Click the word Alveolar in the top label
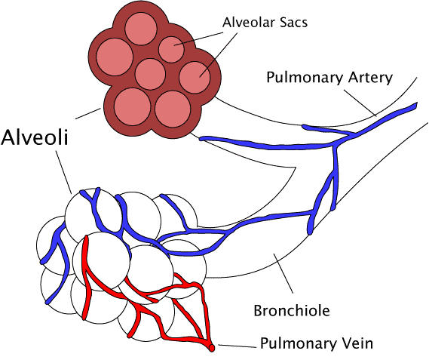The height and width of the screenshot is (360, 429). (248, 22)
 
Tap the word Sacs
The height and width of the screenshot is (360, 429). (293, 23)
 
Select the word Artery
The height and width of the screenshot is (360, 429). (370, 78)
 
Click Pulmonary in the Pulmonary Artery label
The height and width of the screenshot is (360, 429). (305, 78)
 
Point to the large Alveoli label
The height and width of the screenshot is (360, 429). (35, 137)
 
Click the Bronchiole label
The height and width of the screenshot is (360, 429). (292, 311)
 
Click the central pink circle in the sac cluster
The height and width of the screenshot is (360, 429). (150, 74)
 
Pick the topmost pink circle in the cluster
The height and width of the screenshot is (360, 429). (141, 29)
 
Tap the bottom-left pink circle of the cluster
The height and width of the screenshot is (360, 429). (133, 107)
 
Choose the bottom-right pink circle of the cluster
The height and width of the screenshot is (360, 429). (173, 109)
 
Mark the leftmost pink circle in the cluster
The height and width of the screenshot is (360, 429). (115, 57)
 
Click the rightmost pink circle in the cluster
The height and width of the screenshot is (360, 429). (195, 77)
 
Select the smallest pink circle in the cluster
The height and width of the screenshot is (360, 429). (172, 49)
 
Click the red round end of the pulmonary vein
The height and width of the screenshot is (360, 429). (212, 348)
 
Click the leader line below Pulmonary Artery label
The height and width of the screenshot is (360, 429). (360, 103)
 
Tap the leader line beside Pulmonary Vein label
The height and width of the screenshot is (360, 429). (237, 346)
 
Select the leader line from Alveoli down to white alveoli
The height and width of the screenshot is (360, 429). (64, 171)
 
